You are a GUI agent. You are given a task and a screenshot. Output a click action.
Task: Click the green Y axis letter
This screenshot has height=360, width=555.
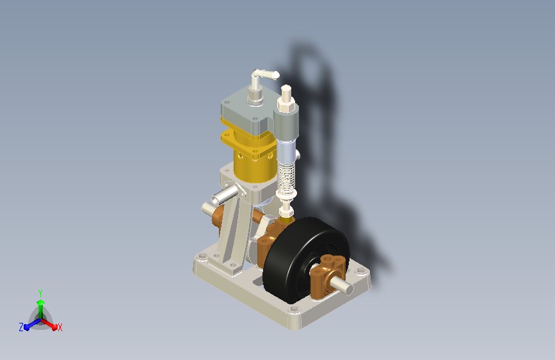[40, 293]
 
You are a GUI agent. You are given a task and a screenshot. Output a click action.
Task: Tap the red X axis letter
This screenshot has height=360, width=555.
[60, 327]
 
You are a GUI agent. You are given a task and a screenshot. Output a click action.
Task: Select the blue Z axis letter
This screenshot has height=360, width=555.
[21, 327]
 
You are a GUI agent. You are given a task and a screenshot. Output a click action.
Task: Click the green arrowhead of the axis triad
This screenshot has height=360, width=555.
[41, 302]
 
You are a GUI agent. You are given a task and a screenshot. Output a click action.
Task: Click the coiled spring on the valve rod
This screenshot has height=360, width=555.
[286, 176]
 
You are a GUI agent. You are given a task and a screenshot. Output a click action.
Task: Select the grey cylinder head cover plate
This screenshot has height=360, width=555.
[248, 110]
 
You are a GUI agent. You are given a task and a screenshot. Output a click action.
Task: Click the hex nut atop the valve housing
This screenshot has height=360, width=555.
[286, 104]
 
